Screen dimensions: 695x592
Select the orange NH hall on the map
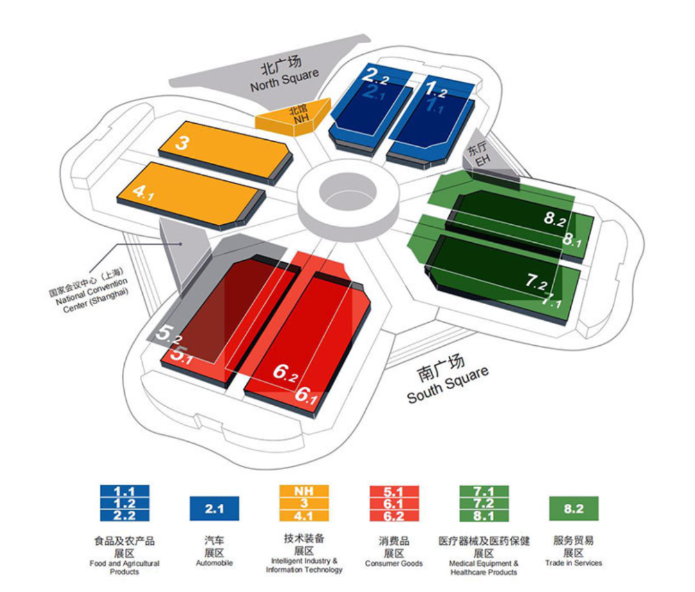click(295, 117)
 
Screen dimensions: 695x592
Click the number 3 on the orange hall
click(182, 143)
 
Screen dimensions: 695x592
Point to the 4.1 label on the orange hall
click(143, 192)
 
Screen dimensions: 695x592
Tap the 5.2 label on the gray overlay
click(169, 333)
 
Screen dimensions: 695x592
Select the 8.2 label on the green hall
click(554, 219)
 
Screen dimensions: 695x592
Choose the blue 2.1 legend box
click(214, 508)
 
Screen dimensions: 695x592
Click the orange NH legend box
click(304, 491)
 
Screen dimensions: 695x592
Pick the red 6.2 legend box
click(394, 515)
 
